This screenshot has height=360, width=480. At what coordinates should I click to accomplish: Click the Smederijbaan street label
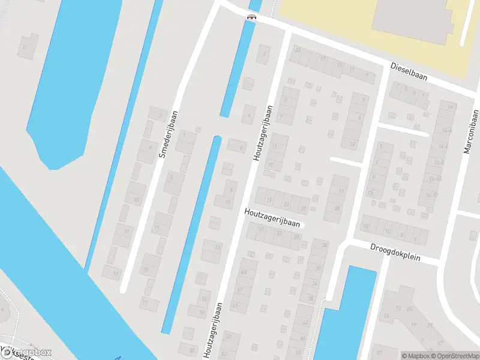170,134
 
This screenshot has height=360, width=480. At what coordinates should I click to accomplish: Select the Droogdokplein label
395,253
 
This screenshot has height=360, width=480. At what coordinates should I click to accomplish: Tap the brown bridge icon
251,17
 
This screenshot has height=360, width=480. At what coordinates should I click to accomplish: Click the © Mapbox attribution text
414,356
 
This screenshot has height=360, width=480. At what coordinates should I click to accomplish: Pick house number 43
243,272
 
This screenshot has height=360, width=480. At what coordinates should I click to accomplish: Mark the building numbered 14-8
443,163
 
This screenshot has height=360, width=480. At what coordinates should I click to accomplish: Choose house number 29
296,238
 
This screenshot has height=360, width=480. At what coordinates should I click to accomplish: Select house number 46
303,338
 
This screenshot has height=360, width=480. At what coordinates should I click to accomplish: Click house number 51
235,306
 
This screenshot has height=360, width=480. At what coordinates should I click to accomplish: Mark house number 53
229,337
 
